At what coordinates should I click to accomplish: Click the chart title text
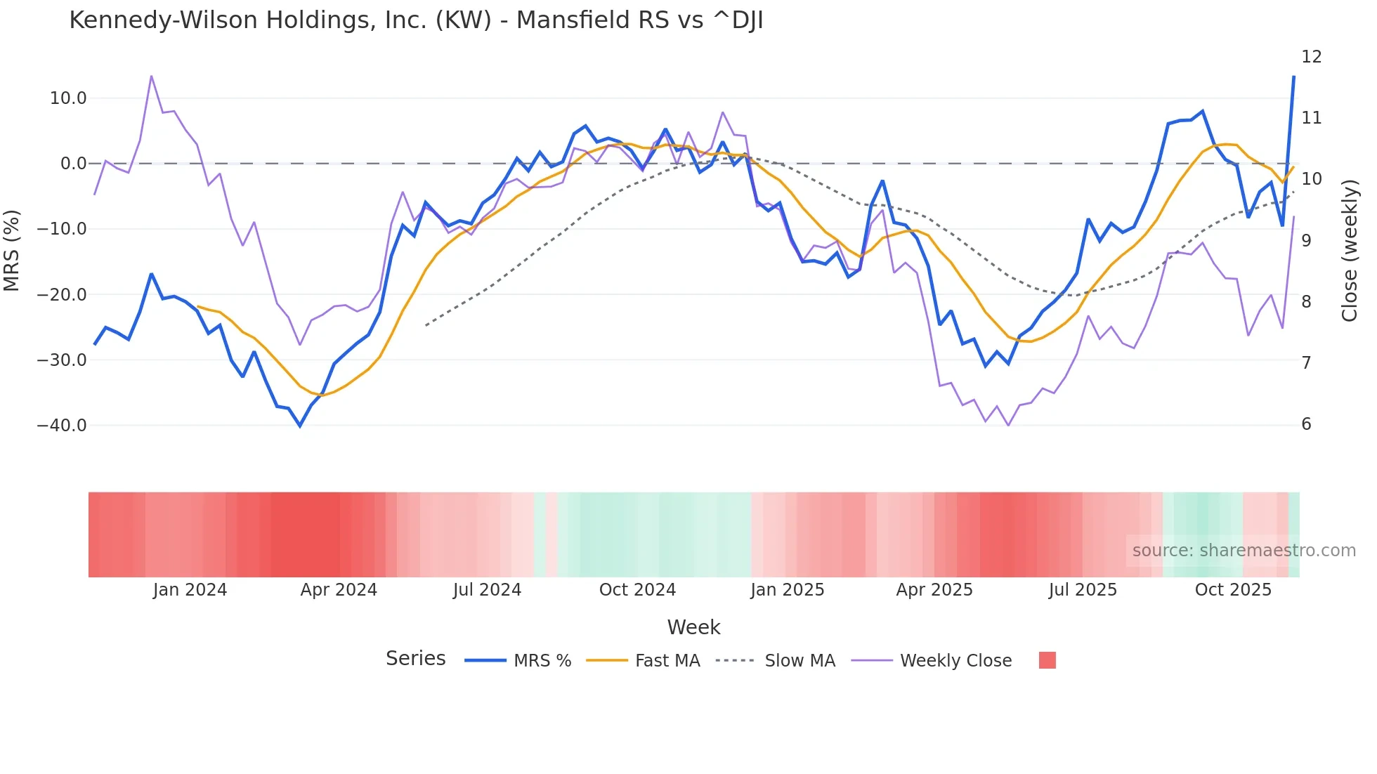[x=416, y=20]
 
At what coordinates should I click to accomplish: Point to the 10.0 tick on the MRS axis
[x=68, y=98]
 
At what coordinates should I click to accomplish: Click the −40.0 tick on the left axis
[x=62, y=426]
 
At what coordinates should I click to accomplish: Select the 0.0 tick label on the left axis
[x=73, y=164]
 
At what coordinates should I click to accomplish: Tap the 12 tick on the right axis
[x=1311, y=57]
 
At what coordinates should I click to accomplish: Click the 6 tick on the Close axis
[x=1306, y=424]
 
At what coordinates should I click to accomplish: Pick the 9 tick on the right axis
[x=1306, y=240]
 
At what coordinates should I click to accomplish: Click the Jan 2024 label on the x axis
[x=190, y=590]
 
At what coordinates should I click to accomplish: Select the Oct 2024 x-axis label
[x=637, y=590]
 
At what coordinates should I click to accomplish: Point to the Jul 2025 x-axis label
[x=1083, y=590]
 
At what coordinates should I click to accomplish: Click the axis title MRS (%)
[x=12, y=251]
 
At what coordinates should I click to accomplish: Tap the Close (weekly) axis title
[x=1350, y=251]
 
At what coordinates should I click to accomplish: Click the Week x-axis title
[x=693, y=627]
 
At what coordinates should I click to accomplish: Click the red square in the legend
[x=1047, y=660]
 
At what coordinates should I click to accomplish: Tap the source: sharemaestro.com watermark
[x=1244, y=551]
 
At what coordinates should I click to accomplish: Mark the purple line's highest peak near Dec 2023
[x=151, y=76]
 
